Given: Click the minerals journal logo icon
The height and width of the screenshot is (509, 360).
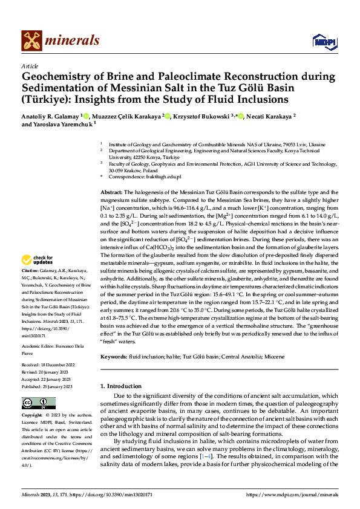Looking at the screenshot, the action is [32, 41].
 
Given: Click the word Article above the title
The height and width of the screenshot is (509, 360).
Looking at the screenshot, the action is [30, 66].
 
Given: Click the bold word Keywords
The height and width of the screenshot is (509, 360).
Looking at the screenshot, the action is [114, 357].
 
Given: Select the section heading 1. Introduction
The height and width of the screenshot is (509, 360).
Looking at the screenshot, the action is [123, 386].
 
